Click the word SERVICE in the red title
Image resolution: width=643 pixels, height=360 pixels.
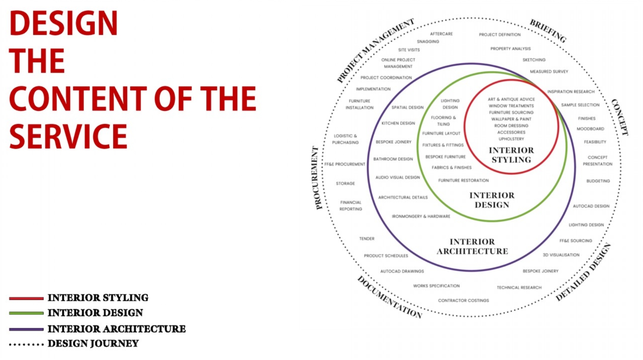[x=68, y=137]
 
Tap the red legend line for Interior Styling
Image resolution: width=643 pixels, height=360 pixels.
[x=26, y=299]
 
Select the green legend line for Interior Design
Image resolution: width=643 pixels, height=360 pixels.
[x=26, y=313]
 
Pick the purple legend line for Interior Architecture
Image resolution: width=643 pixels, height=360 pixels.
[x=26, y=329]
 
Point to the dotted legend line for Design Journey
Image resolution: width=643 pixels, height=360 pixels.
[x=26, y=344]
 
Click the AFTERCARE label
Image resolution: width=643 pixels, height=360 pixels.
[x=441, y=34]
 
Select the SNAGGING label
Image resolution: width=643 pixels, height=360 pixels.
[x=428, y=42]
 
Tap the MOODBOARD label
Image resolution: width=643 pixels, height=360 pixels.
[x=591, y=129]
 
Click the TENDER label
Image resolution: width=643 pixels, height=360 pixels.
[x=367, y=239]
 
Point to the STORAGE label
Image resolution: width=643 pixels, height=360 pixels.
[x=346, y=183]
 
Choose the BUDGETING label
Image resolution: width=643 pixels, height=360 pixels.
[x=598, y=181]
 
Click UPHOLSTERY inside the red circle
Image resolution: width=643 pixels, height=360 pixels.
[x=511, y=139]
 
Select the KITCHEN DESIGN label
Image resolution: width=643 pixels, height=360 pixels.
[x=398, y=123]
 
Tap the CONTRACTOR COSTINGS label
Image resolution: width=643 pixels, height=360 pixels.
[x=463, y=301]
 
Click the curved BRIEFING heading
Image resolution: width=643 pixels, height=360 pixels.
[x=548, y=31]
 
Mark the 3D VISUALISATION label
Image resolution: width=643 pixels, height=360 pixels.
[x=561, y=255]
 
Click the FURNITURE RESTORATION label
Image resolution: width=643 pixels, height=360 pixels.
[x=463, y=181]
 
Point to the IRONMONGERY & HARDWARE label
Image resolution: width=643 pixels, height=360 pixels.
[x=421, y=217]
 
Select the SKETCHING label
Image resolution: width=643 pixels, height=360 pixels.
[x=534, y=60]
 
